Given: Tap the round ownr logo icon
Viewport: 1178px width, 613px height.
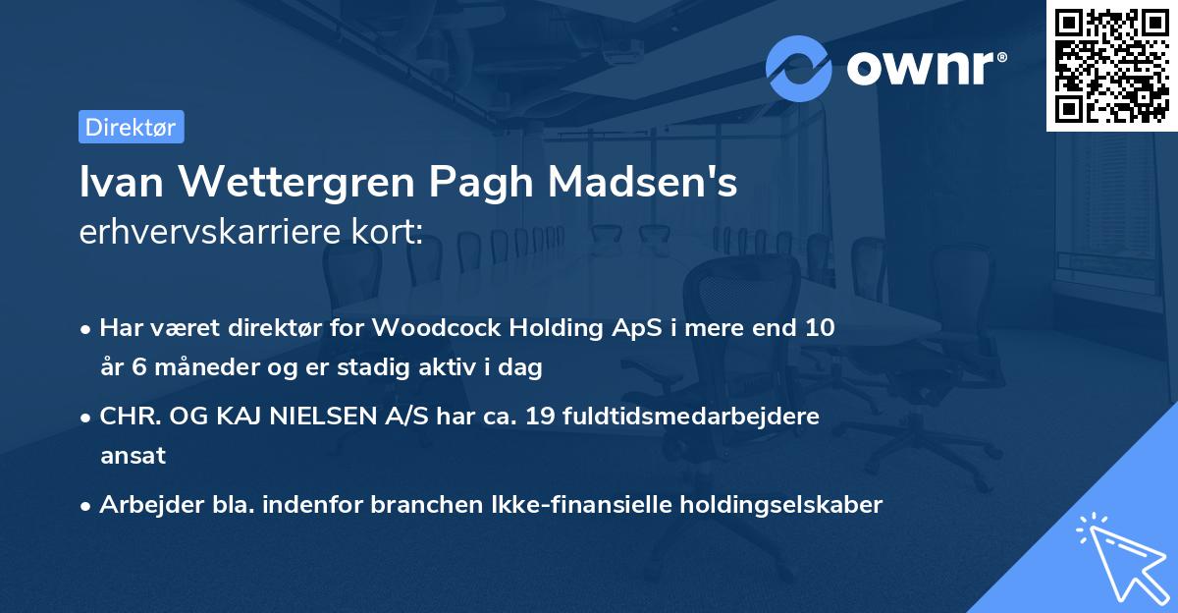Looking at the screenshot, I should pos(799,68).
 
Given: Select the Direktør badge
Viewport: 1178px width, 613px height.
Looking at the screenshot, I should pos(131,127).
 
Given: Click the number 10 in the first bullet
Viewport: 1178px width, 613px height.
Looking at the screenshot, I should pos(821,328).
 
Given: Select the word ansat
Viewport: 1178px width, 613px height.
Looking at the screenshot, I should pos(133,456).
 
